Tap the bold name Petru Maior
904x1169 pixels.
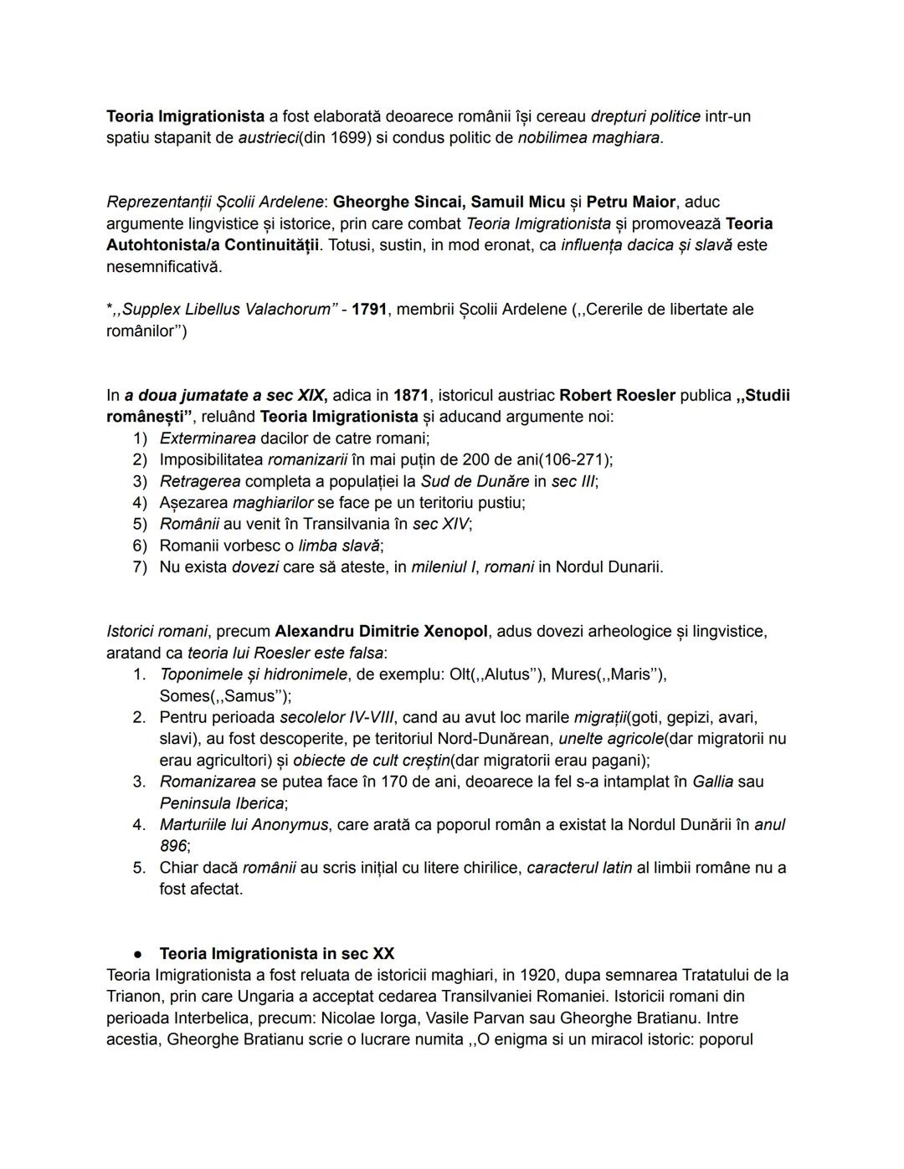coord(630,202)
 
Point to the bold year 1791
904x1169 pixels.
coord(369,310)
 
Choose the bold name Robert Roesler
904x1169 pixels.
coord(617,395)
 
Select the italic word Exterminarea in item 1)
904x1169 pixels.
coord(208,438)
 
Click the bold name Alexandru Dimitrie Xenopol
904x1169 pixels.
coord(381,631)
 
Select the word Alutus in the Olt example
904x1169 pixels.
coord(507,674)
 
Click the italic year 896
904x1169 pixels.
coord(173,846)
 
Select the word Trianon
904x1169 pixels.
coord(134,997)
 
